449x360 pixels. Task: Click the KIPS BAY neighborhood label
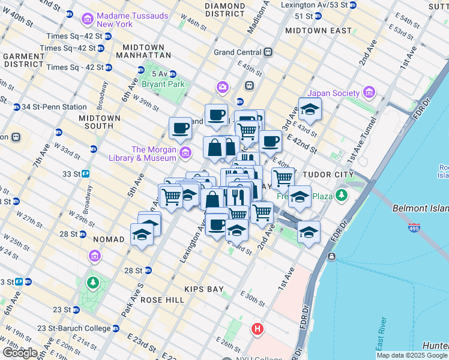(204, 289)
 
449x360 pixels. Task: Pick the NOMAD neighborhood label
(108, 239)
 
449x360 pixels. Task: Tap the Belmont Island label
(420, 209)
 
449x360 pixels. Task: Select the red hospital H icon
(258, 329)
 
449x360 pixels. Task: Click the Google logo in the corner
(20, 353)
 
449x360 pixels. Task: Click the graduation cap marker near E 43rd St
(310, 110)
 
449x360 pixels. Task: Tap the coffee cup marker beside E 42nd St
(270, 142)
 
